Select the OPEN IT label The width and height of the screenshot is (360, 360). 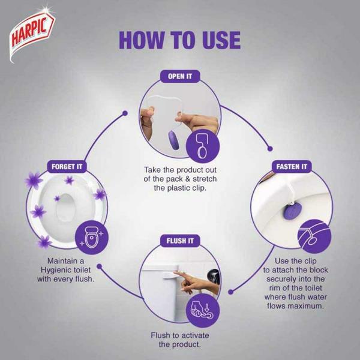pyautogui.click(x=180, y=76)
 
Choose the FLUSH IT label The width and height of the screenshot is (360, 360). pyautogui.click(x=180, y=242)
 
